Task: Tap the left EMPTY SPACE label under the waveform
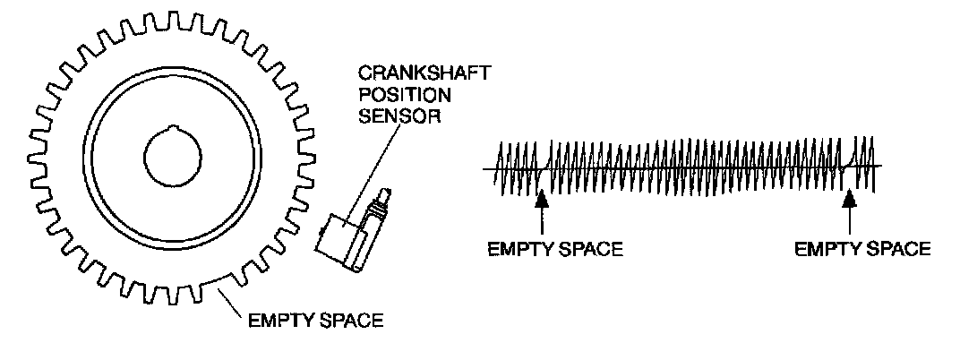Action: (554, 249)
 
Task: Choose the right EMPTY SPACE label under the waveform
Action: (863, 249)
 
